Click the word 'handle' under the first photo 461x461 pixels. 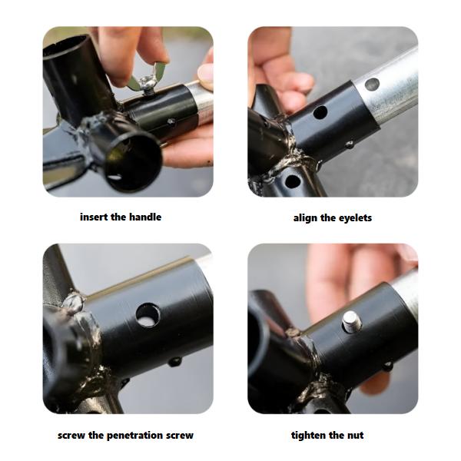(145, 217)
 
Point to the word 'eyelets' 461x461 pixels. (355, 218)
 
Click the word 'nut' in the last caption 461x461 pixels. (355, 436)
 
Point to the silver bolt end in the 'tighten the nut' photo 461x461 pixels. (352, 322)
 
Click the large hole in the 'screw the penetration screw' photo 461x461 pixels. (148, 316)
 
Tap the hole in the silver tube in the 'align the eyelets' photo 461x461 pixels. (372, 84)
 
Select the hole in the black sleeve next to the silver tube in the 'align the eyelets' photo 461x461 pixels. (320, 112)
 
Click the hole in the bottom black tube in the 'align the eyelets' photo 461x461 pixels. (292, 181)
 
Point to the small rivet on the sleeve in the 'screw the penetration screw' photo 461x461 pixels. (175, 361)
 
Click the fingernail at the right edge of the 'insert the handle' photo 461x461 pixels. (205, 73)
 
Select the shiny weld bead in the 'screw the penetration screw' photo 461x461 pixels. (74, 303)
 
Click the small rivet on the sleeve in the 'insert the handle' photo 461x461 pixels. (171, 121)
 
